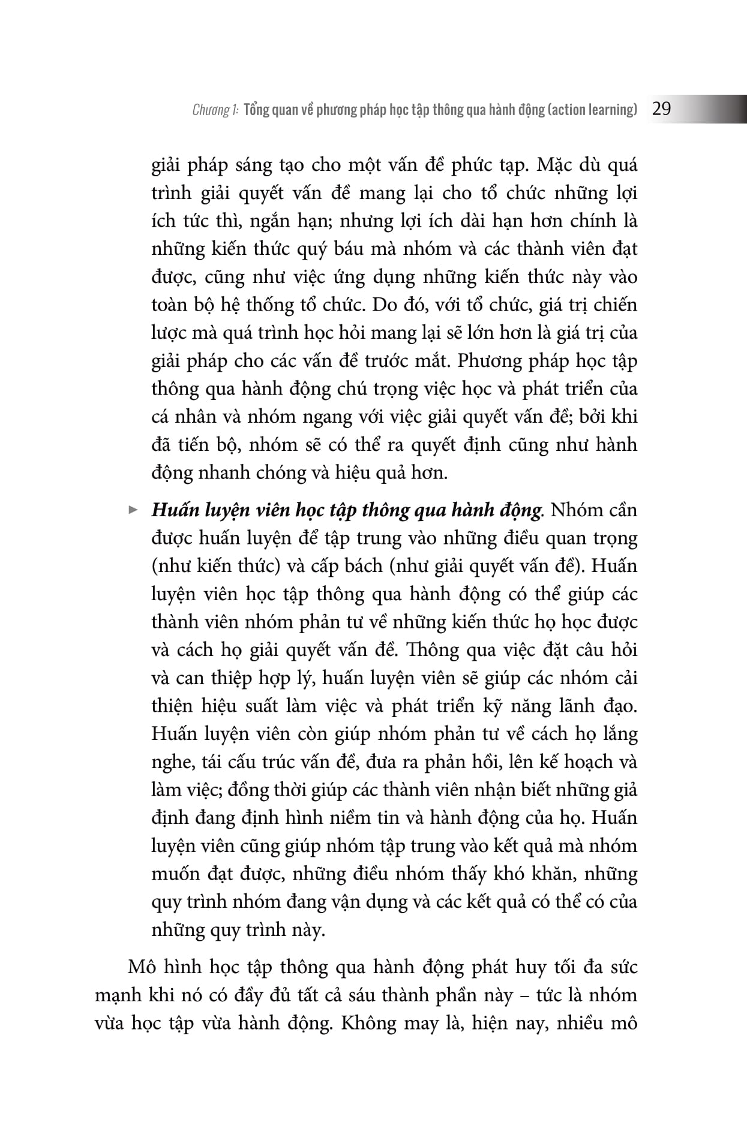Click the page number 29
pos(661,109)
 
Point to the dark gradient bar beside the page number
pos(714,109)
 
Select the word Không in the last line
pos(369,1023)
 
